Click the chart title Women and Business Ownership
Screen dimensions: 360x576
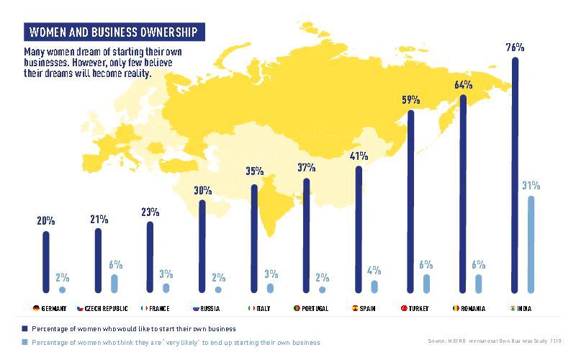(112, 32)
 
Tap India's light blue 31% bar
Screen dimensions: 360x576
(531, 244)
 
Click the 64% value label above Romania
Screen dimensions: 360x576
(463, 85)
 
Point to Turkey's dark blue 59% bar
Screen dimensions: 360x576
(410, 201)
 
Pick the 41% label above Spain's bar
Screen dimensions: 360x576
(359, 156)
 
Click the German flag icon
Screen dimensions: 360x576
(35, 308)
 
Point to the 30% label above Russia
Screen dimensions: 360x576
(202, 191)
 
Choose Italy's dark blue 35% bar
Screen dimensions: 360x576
(254, 238)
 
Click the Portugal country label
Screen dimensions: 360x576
(312, 308)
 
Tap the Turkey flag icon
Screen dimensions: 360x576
(404, 308)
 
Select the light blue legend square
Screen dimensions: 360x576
(25, 342)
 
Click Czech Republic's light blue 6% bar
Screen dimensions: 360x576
(114, 283)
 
